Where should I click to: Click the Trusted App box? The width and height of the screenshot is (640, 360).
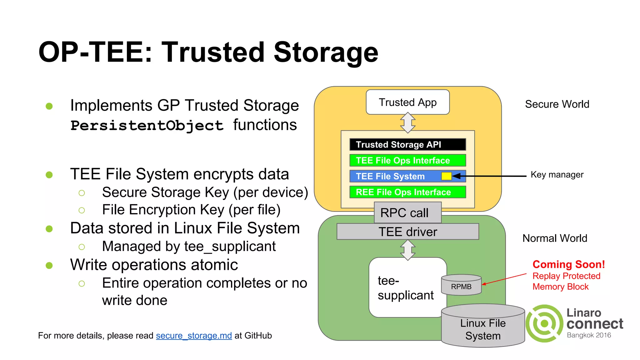tap(407, 102)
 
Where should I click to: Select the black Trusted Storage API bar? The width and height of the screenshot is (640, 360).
tap(407, 144)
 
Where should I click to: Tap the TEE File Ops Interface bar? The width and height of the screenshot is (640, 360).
tap(407, 160)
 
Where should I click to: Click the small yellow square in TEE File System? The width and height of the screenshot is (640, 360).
tap(446, 176)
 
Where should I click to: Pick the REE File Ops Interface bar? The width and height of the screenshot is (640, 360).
tap(407, 192)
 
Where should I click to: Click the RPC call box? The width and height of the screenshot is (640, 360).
tap(407, 212)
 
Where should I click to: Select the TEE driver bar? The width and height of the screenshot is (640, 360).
tap(407, 232)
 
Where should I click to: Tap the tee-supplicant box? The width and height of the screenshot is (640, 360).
tap(406, 287)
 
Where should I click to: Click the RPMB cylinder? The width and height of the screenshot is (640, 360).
tap(461, 285)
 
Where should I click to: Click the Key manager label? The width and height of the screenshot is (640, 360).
tap(557, 174)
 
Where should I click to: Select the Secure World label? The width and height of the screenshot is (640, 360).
tap(557, 104)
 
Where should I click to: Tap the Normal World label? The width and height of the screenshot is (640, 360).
tap(555, 238)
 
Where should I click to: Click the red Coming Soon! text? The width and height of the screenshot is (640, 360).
tap(568, 264)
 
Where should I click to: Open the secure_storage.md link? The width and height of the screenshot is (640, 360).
tap(194, 336)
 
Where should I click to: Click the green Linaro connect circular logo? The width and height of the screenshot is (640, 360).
tap(545, 323)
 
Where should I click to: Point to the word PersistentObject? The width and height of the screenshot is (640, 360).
tap(147, 125)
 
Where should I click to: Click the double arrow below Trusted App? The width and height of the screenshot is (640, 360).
tap(407, 122)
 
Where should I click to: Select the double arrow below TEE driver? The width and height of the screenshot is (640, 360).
tap(407, 250)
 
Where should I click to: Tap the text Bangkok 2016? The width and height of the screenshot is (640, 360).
tap(589, 335)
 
